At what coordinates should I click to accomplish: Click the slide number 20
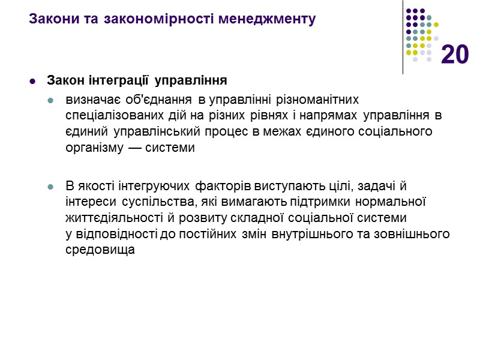(455, 55)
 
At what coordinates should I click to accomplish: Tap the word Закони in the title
(49, 19)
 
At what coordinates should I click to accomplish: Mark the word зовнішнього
(414, 234)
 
